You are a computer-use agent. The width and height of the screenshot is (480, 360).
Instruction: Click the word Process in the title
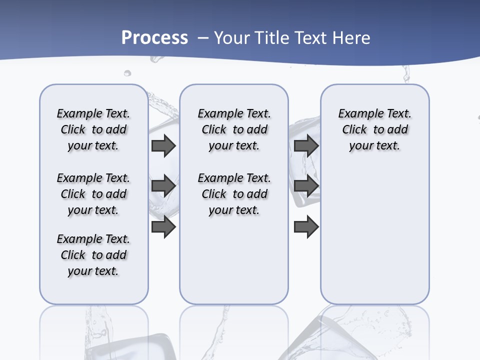coord(154,38)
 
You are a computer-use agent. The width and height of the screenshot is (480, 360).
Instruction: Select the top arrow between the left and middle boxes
coord(163,145)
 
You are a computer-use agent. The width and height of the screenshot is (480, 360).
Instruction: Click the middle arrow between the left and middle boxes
coord(163,186)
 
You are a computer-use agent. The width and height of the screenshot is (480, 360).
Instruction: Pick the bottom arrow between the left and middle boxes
coord(163,227)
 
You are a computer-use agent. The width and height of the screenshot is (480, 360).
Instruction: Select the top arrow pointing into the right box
coord(306,145)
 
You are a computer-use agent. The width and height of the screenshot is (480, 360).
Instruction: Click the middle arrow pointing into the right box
coord(306,186)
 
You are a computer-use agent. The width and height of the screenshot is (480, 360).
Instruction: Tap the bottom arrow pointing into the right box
coord(306,227)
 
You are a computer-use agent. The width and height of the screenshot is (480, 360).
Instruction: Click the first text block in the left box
coord(93,129)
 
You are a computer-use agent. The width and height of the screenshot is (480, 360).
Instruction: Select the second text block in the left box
coord(93,194)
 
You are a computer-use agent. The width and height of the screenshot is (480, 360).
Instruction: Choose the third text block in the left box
coord(93,255)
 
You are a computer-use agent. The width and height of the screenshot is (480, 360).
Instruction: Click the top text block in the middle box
coord(234,129)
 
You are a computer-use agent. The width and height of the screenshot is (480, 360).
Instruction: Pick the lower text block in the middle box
coord(234,194)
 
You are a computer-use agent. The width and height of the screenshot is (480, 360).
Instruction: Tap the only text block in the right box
coord(375,129)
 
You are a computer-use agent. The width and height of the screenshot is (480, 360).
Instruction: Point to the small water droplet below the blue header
coord(127,73)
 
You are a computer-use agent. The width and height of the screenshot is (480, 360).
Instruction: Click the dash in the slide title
coord(203,38)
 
